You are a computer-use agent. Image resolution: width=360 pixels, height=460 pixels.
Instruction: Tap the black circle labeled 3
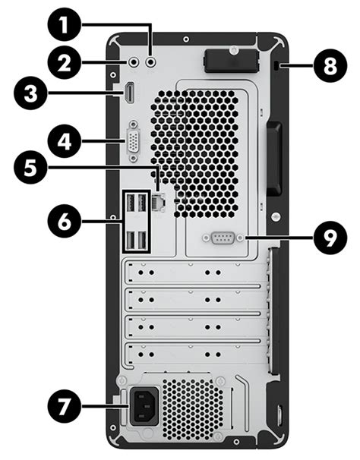point(32,96)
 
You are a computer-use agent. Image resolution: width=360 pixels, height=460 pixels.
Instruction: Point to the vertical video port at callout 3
point(131,94)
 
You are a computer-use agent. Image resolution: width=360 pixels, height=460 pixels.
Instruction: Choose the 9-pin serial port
point(222,238)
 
